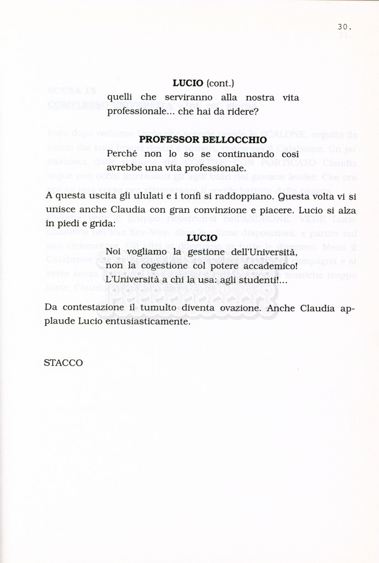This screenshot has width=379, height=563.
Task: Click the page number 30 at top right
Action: pos(344,26)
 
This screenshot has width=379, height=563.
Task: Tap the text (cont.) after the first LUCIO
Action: pos(220,83)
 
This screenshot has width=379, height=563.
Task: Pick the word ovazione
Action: pos(236,308)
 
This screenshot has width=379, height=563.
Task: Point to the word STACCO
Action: pos(63,363)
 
